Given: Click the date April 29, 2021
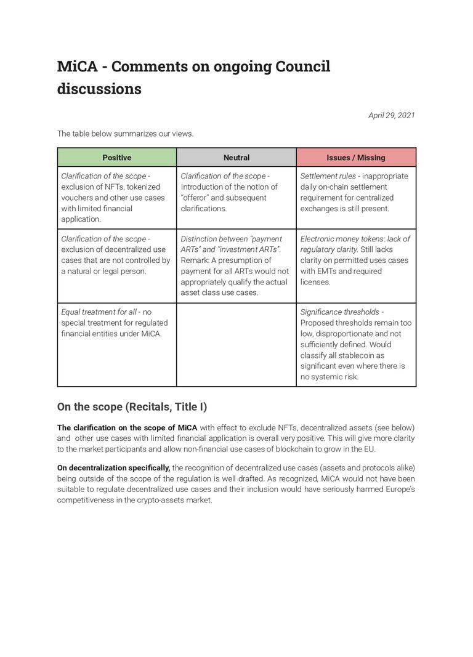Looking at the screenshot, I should click(391, 115).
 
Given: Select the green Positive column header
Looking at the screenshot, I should click(116, 158).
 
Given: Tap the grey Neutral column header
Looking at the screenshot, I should click(236, 158).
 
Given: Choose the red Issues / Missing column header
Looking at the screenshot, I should click(355, 158).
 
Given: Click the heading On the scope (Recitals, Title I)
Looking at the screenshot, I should click(132, 406).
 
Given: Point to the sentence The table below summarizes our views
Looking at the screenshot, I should click(125, 134).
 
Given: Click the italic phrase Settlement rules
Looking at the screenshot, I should click(328, 176).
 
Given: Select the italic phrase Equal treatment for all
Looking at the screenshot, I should click(99, 312).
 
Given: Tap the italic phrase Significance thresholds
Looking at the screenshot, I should click(339, 312).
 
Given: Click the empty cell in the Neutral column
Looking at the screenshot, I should click(236, 344).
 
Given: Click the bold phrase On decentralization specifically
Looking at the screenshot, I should click(113, 468).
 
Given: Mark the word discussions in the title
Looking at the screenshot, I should click(99, 89).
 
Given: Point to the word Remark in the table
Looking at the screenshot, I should click(195, 260).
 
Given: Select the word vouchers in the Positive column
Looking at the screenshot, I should click(78, 198).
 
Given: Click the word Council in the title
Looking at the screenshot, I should click(302, 67).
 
